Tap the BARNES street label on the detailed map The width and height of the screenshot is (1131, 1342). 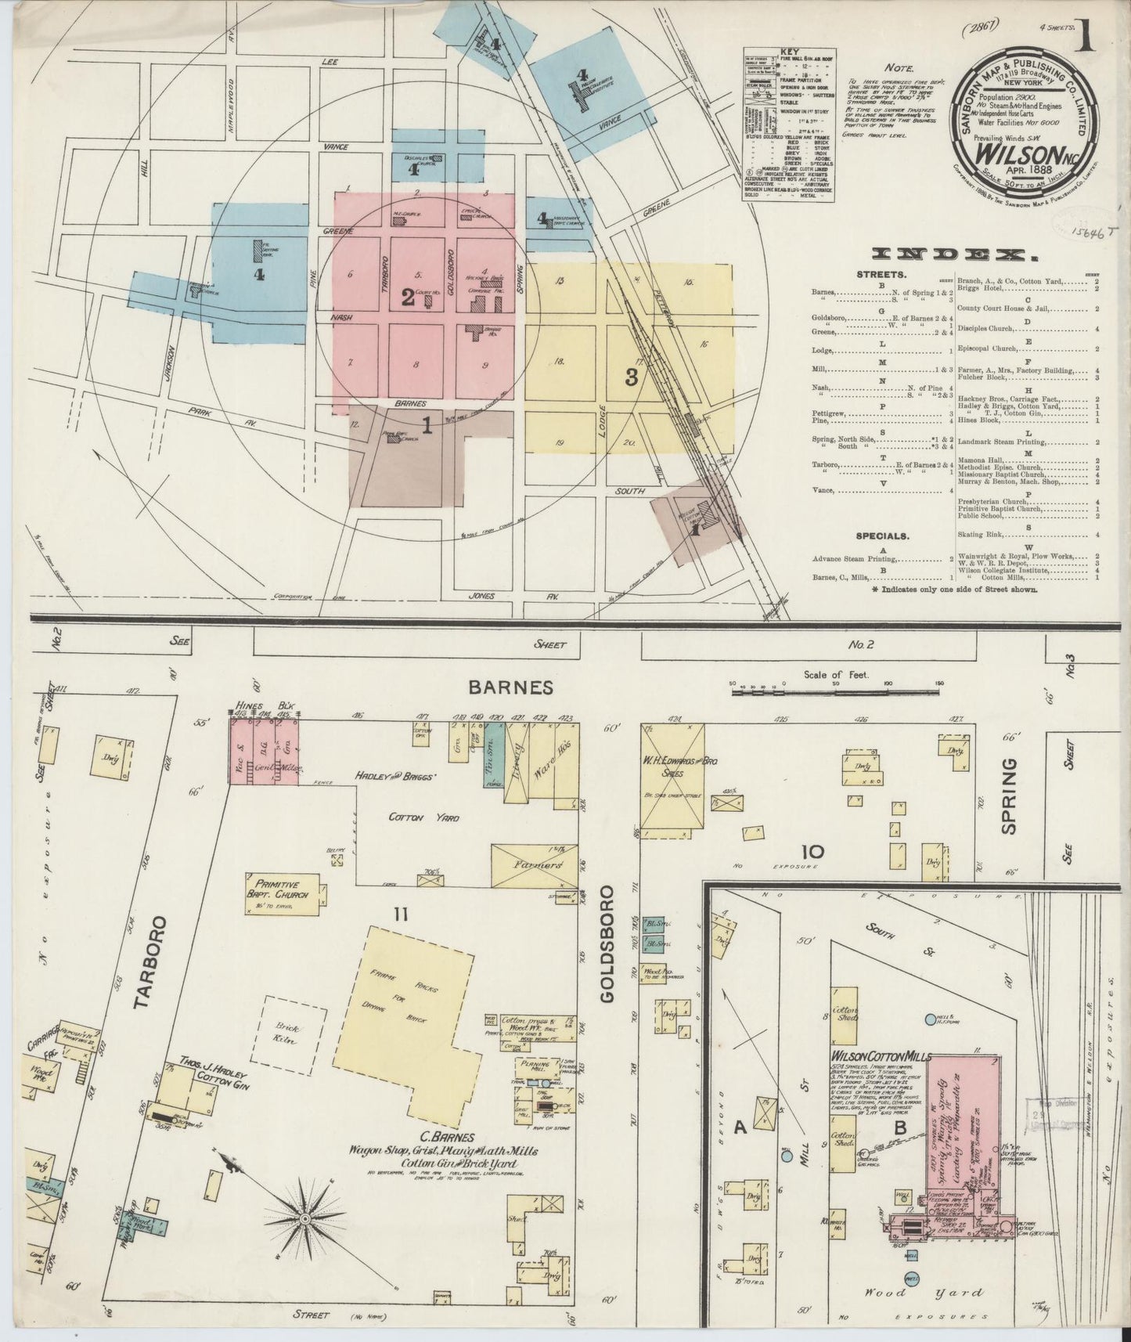(x=510, y=687)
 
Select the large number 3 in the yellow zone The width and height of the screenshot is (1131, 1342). (x=631, y=377)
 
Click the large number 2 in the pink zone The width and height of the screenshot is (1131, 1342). (x=407, y=297)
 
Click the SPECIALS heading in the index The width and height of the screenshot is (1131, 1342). (x=882, y=536)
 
